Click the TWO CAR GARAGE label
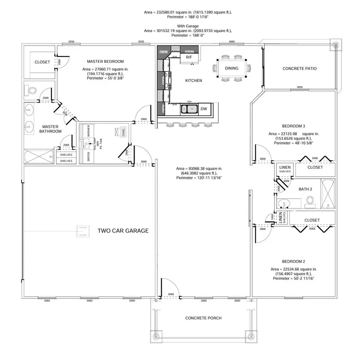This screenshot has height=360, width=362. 123,231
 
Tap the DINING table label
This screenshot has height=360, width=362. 232,68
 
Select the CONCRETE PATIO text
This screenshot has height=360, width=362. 299,68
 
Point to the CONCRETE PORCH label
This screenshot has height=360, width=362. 203,318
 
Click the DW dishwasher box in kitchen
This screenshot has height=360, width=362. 204,109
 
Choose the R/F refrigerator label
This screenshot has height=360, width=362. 189,58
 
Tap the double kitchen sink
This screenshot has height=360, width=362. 188,109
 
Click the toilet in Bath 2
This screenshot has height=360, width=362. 310,200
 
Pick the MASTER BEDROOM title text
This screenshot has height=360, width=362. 105,61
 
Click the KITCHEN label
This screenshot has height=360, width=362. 193,81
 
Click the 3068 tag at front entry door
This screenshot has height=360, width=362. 171,294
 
